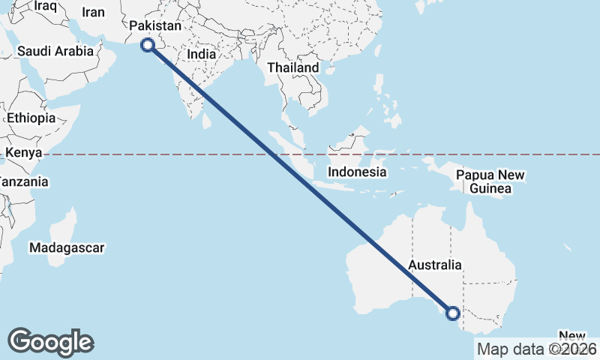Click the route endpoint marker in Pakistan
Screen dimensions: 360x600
[148, 45]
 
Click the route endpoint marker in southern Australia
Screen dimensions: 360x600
[452, 313]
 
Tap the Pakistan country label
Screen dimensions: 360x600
[155, 26]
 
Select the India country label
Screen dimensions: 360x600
[202, 54]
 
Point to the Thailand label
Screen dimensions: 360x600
[293, 67]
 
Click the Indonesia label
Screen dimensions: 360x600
[357, 172]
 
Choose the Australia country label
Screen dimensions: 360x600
[435, 265]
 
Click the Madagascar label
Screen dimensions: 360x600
[67, 247]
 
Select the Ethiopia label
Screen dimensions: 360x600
[31, 118]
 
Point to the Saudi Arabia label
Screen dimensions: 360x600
[55, 52]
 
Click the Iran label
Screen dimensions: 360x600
[93, 12]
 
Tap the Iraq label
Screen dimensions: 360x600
[46, 6]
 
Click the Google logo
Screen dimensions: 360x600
[50, 342]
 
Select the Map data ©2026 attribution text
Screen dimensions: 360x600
[537, 349]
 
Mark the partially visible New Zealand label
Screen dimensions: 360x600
[574, 336]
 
